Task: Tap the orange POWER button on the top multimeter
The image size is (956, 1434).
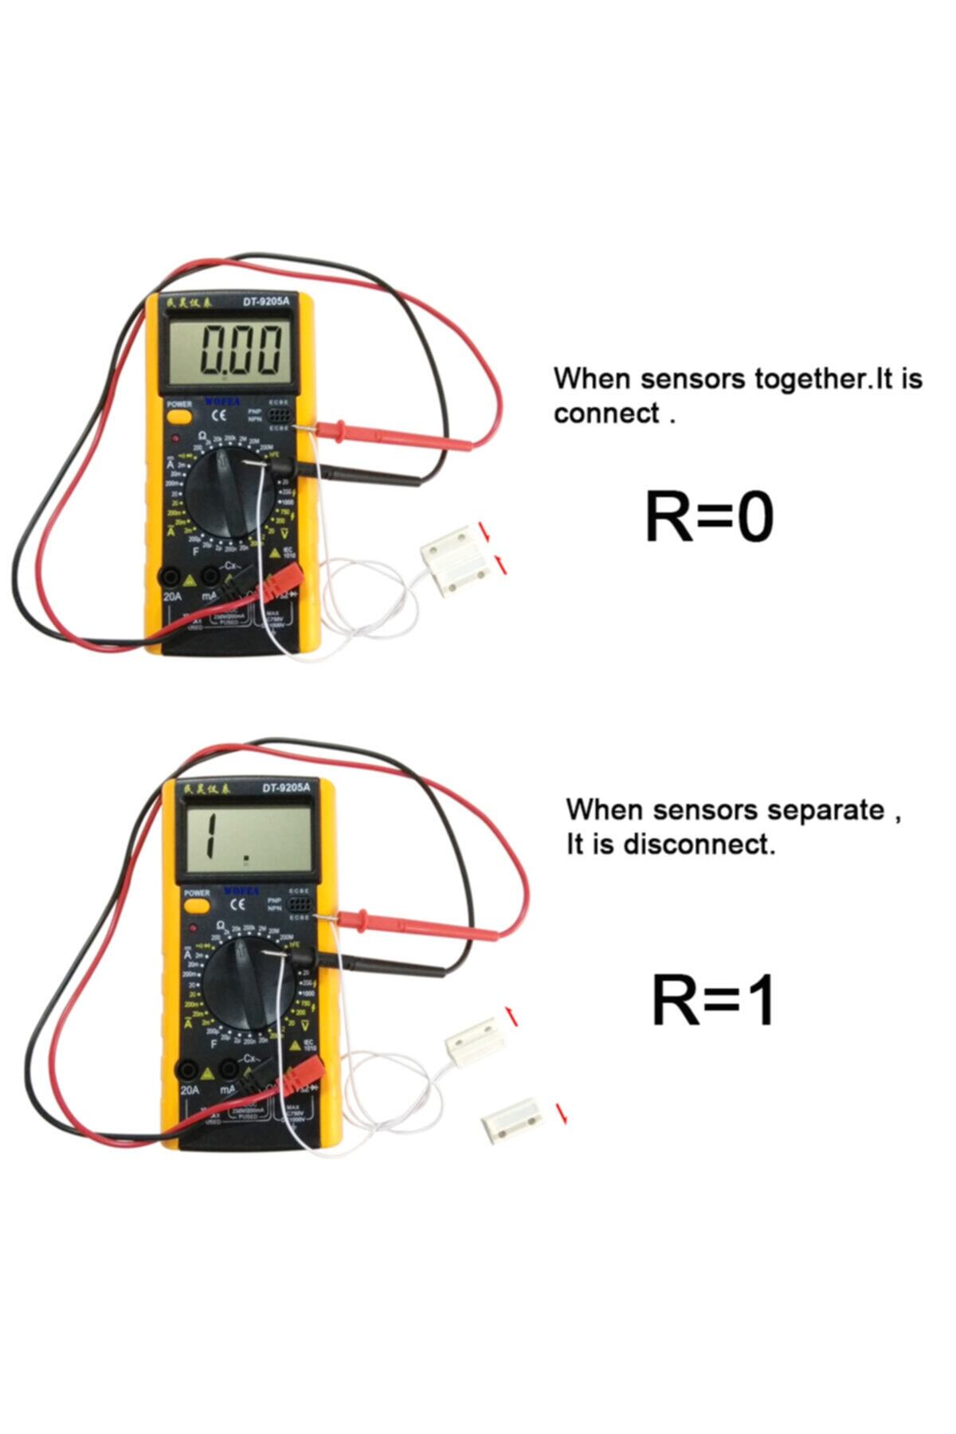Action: pyautogui.click(x=179, y=416)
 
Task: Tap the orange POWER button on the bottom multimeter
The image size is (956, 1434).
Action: pyautogui.click(x=197, y=906)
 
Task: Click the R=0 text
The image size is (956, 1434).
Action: pyautogui.click(x=708, y=518)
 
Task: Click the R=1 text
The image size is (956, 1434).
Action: pyautogui.click(x=713, y=1001)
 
